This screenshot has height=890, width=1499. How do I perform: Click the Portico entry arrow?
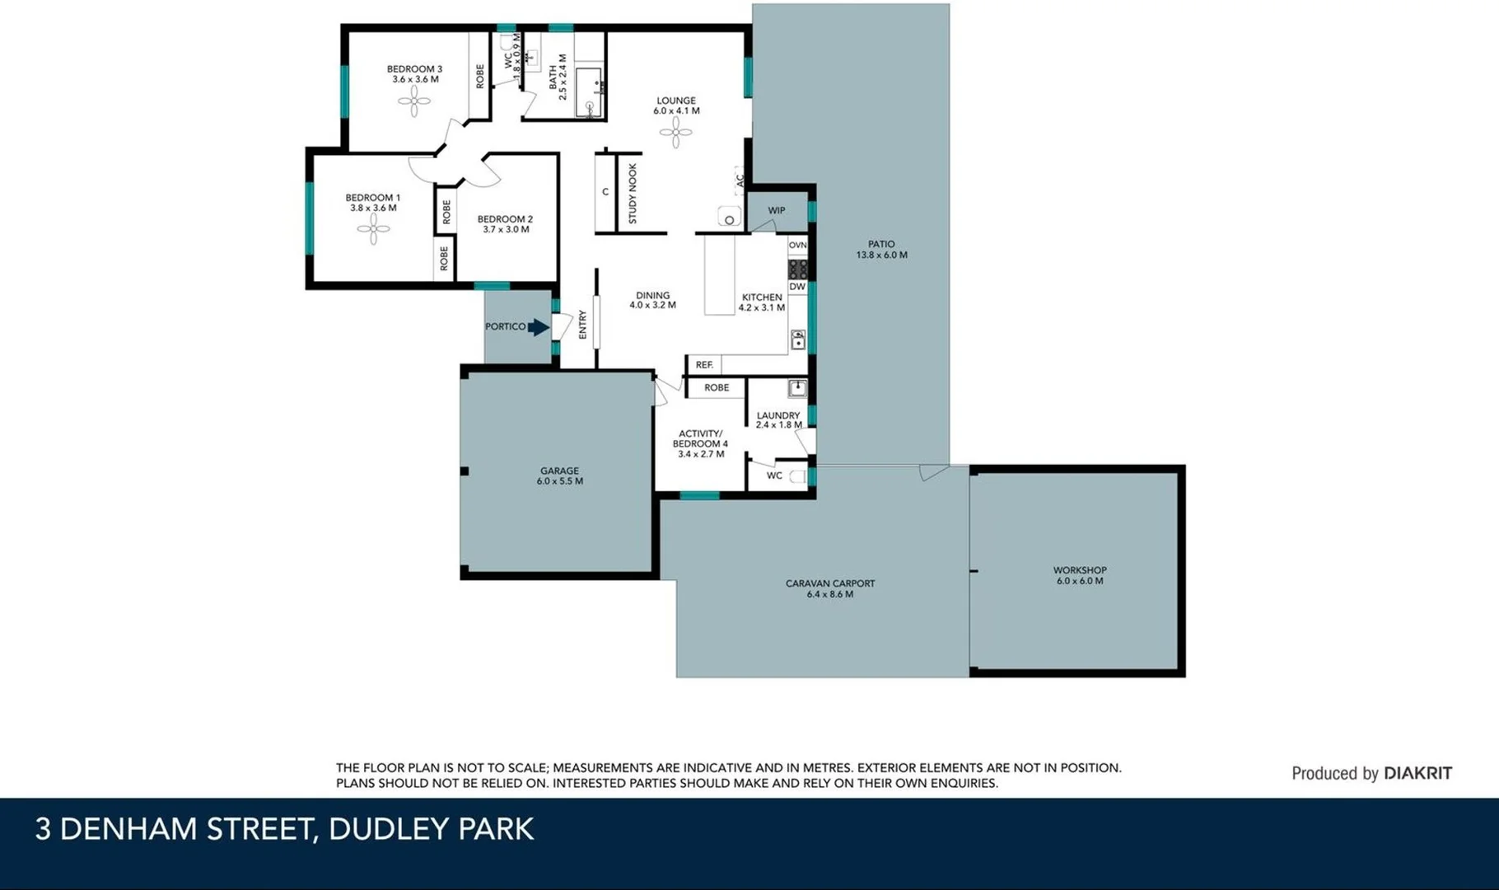(x=538, y=327)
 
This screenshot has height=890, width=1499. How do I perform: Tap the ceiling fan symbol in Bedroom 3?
(x=413, y=102)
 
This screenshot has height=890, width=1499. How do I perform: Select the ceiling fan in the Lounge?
(x=675, y=132)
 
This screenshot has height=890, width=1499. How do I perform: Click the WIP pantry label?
(x=776, y=211)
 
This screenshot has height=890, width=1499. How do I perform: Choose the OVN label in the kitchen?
(x=797, y=246)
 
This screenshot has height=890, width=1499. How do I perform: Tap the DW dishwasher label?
(x=797, y=287)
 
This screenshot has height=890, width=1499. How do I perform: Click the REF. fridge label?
(x=704, y=364)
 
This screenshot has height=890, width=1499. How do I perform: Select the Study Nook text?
(x=633, y=194)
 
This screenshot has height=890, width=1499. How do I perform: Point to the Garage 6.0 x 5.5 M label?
(x=559, y=476)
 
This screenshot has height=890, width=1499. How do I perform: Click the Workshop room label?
(x=1079, y=575)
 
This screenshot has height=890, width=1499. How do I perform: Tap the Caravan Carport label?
(x=829, y=588)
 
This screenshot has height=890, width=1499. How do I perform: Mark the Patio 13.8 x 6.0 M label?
(x=881, y=250)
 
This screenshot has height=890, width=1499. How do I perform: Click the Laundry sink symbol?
(x=797, y=388)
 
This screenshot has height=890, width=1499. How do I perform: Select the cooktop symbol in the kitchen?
(x=797, y=269)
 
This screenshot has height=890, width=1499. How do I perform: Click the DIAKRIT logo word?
(x=1417, y=773)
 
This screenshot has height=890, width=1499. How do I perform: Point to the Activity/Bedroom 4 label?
(x=700, y=443)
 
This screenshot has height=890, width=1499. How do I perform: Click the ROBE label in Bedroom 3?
(x=480, y=77)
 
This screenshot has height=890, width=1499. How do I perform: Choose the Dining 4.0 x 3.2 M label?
(x=652, y=300)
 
